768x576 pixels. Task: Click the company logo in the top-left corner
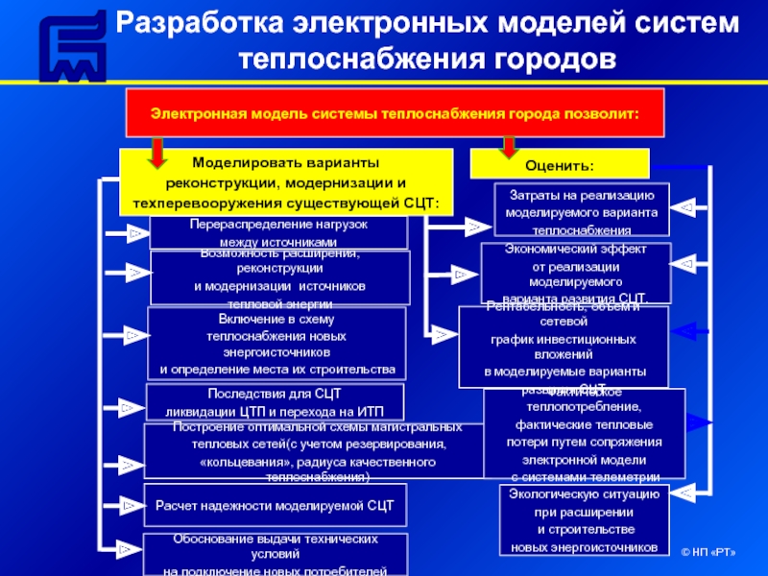coord(70,47)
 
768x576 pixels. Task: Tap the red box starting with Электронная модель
coord(394,112)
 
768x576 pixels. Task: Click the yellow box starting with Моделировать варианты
coord(285,181)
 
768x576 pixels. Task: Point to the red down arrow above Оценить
coord(508,144)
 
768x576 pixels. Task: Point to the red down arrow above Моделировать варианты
coord(157,149)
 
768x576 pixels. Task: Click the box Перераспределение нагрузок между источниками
coord(278,231)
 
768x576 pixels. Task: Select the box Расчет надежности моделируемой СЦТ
coord(275,504)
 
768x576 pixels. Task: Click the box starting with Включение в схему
coord(276,344)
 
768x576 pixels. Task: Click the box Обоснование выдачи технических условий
coord(275,554)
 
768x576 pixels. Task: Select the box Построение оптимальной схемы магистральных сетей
coord(313,450)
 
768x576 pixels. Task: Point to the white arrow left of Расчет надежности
coord(132,502)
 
